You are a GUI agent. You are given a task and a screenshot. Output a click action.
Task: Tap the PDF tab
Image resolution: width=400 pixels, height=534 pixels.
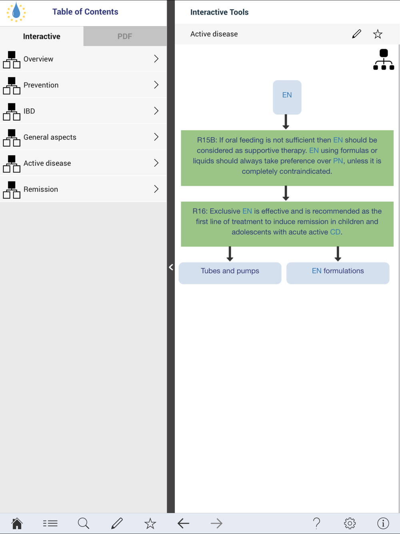(x=125, y=36)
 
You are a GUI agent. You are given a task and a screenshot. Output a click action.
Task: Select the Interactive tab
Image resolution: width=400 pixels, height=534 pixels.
(x=42, y=36)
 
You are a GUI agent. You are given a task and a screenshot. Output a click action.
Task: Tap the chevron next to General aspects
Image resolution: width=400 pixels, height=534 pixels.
(x=156, y=137)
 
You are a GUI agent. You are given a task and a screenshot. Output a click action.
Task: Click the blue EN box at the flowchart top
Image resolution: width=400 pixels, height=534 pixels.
(x=287, y=97)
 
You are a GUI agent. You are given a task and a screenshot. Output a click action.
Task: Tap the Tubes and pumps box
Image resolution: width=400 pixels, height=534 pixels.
(x=230, y=273)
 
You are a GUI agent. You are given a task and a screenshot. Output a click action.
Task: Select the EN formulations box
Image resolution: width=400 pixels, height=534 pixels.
(x=338, y=273)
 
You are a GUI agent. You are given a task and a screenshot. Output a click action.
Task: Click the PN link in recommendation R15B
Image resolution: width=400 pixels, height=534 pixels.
(x=338, y=161)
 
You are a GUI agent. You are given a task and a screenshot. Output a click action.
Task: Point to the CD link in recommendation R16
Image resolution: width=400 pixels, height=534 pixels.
(x=335, y=232)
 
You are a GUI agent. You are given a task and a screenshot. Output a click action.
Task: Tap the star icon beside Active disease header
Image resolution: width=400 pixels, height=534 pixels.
(x=378, y=34)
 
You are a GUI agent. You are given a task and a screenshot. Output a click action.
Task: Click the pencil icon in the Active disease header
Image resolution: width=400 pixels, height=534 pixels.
(x=356, y=34)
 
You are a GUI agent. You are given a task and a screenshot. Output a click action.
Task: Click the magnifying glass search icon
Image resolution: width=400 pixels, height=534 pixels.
(x=83, y=523)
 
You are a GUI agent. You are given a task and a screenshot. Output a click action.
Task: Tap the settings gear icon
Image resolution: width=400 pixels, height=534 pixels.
(x=350, y=523)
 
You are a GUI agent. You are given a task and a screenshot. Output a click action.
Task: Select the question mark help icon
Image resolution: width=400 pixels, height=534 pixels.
(x=316, y=523)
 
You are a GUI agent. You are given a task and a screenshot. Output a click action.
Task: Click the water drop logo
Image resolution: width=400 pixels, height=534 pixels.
(x=16, y=12)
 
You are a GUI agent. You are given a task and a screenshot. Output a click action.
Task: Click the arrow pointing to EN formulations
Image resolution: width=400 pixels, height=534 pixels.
(x=338, y=254)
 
